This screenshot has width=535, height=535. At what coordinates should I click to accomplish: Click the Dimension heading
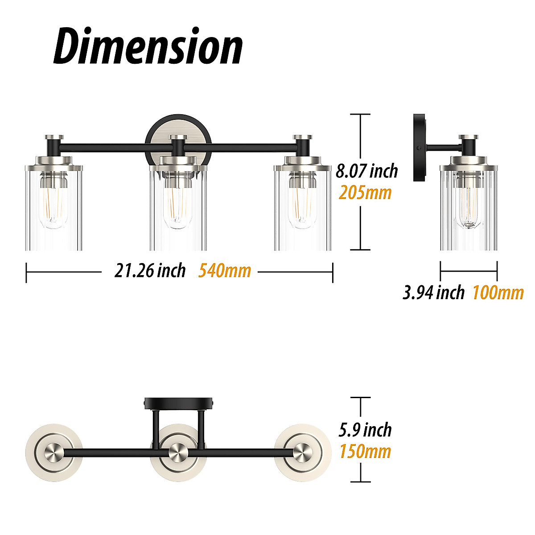click(x=148, y=46)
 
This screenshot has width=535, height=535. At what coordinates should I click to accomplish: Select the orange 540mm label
click(x=225, y=271)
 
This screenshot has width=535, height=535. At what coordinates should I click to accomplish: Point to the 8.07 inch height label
click(x=367, y=171)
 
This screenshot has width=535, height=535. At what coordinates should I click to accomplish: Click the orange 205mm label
click(x=365, y=193)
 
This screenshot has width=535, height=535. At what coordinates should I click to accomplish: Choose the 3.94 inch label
click(x=433, y=292)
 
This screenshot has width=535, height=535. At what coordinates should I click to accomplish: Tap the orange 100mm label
click(x=498, y=292)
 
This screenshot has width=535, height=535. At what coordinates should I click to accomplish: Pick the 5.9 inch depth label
click(x=365, y=430)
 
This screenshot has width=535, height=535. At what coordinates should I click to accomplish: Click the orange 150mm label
click(x=366, y=451)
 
